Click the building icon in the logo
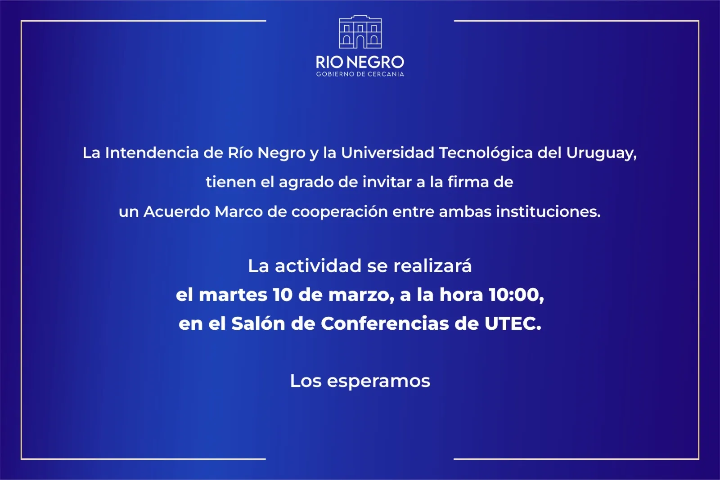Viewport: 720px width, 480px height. tap(360, 32)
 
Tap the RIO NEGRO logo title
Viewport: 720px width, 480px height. tap(360, 63)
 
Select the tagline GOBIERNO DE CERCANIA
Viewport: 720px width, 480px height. tap(360, 74)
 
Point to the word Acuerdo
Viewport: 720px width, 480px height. tap(176, 211)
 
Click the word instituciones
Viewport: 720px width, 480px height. tap(548, 211)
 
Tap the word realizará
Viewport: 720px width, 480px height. tap(432, 266)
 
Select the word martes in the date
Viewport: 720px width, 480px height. tap(233, 295)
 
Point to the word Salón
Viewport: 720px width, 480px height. tap(258, 323)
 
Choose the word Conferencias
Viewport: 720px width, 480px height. tap(385, 323)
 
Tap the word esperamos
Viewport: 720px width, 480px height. tap(378, 381)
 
